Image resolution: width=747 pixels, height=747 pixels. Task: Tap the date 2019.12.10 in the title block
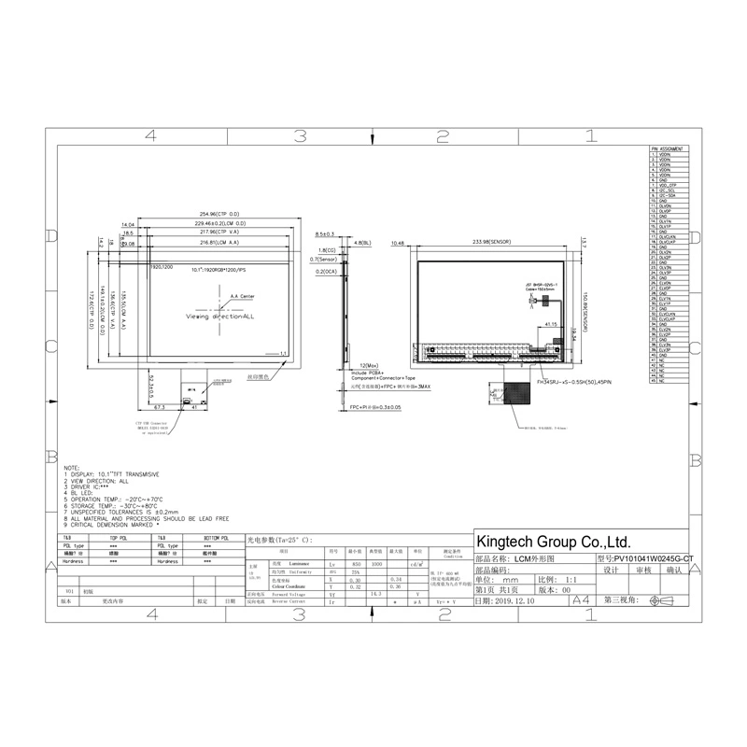tap(509, 602)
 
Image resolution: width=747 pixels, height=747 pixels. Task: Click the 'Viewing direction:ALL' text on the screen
tap(219, 317)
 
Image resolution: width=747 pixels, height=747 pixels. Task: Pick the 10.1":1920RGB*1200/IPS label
tap(219, 270)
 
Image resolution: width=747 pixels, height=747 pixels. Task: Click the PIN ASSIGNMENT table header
tap(670, 148)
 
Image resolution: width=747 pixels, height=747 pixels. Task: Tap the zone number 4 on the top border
tap(149, 136)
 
